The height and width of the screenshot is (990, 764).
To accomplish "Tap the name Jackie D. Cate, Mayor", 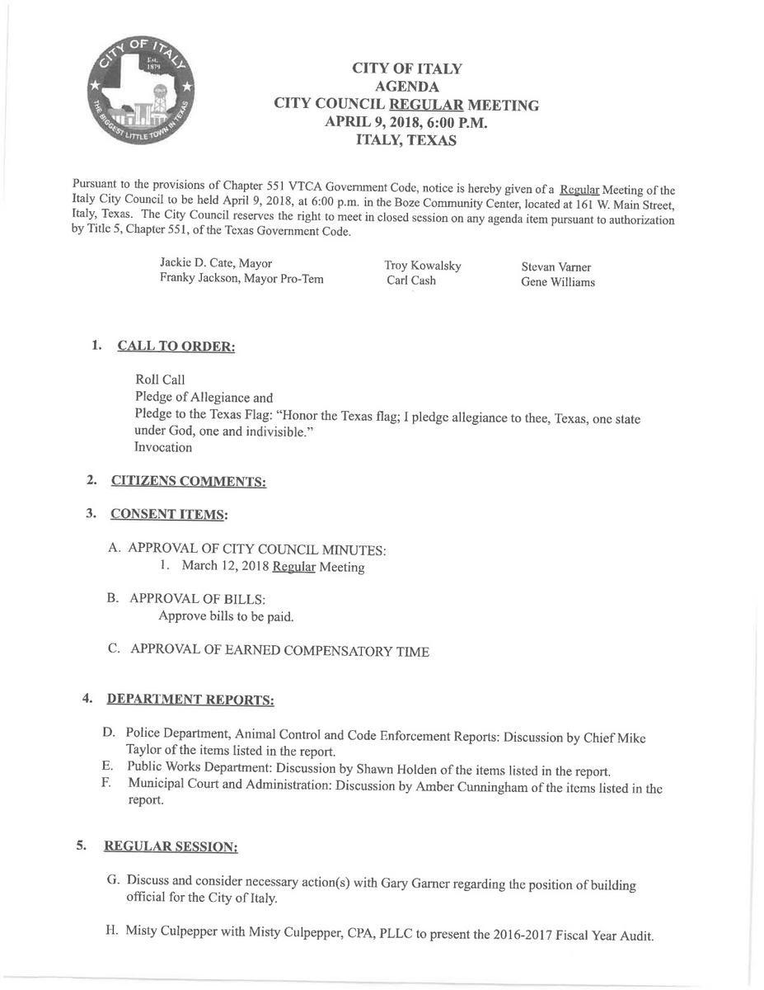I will tap(216, 263).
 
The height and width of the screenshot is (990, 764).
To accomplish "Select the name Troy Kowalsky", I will tap(423, 266).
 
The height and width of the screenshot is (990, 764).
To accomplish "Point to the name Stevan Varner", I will tap(556, 267).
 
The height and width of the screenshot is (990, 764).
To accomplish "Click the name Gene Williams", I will tap(558, 282).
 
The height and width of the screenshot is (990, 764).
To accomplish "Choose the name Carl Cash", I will tap(411, 280).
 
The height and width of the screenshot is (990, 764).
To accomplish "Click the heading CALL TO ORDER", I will tap(176, 346).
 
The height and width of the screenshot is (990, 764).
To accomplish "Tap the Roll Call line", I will tap(160, 379).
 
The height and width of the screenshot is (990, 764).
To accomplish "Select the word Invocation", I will tap(163, 447).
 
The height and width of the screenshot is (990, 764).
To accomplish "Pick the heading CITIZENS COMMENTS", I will tap(188, 481).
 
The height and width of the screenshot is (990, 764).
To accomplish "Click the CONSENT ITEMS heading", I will tap(169, 514).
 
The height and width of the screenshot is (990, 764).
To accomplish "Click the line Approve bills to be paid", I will tap(226, 616).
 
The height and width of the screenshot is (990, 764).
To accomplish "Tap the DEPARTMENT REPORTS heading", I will tap(190, 700).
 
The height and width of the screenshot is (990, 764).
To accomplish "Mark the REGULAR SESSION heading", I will tap(171, 846).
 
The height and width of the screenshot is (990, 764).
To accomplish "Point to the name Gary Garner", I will tap(418, 883).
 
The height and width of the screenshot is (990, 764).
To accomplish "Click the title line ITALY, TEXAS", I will tap(405, 140).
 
